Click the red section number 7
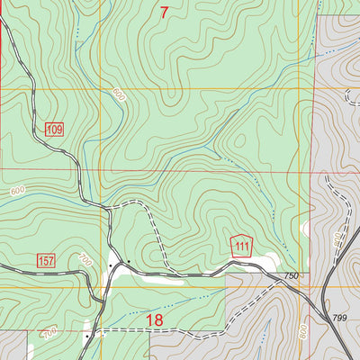pyautogui.click(x=164, y=13)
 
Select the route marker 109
pyautogui.click(x=54, y=130)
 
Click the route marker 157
pyautogui.click(x=47, y=260)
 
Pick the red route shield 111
pyautogui.click(x=240, y=246)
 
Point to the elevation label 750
pyautogui.click(x=290, y=275)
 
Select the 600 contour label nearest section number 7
pyautogui.click(x=118, y=93)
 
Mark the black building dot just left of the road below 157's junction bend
pyautogui.click(x=111, y=265)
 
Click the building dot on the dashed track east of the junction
pyautogui.click(x=129, y=262)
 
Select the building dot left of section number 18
pyautogui.click(x=87, y=337)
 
